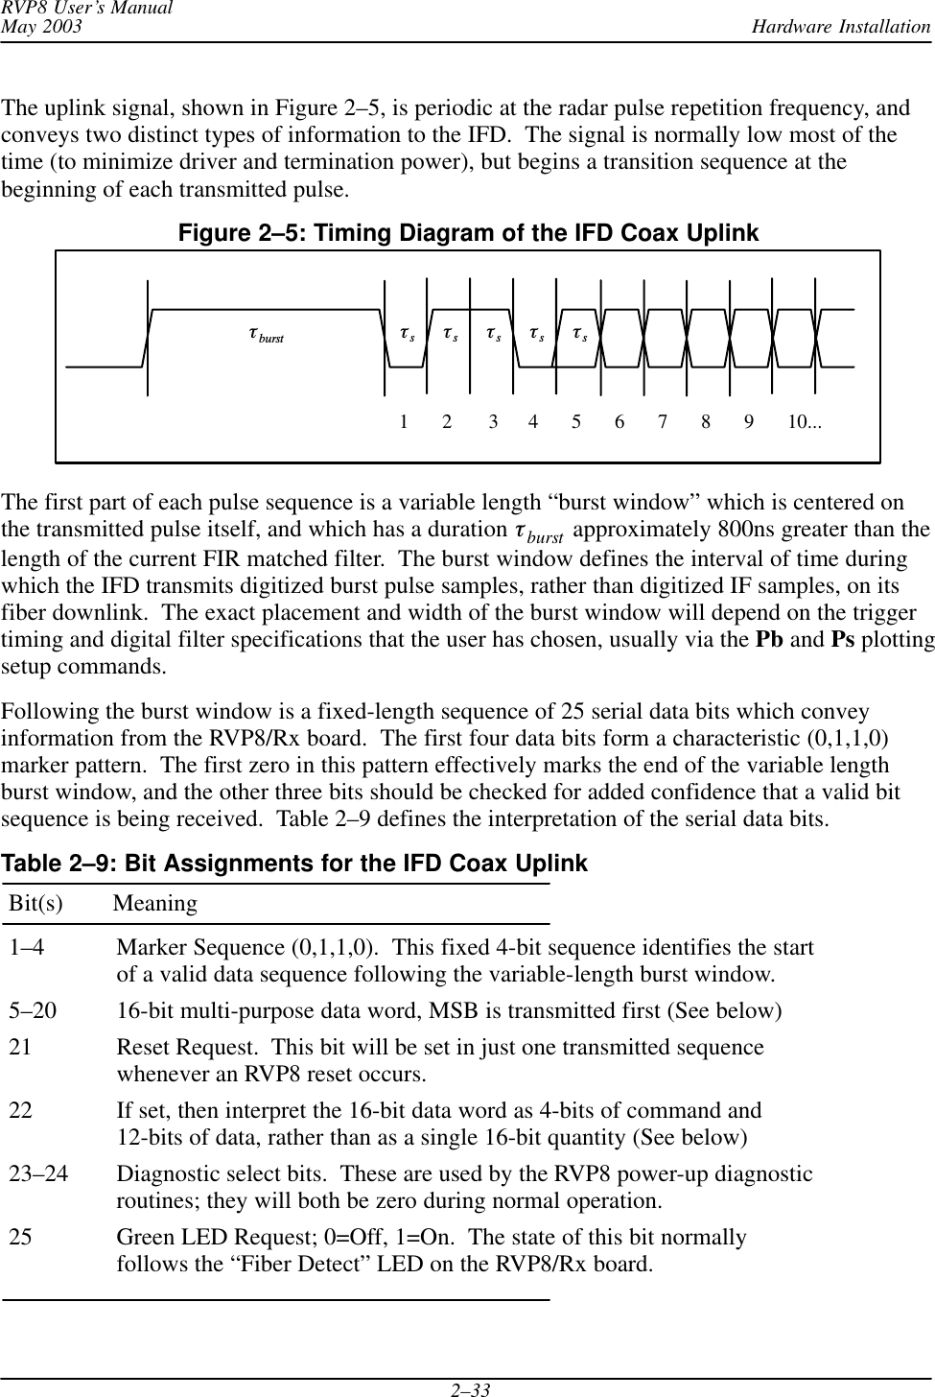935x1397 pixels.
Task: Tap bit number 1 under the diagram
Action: [x=405, y=421]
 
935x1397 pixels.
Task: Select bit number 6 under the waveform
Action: [x=619, y=421]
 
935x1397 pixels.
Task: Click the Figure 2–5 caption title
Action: [x=467, y=233]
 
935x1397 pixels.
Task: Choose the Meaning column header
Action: [x=155, y=904]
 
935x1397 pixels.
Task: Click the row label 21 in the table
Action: [x=20, y=1048]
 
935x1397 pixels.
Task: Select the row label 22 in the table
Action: [x=20, y=1111]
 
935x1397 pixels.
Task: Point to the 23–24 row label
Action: [x=38, y=1174]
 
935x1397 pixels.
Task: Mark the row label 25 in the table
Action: [x=20, y=1238]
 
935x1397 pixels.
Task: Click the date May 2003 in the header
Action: [x=41, y=26]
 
